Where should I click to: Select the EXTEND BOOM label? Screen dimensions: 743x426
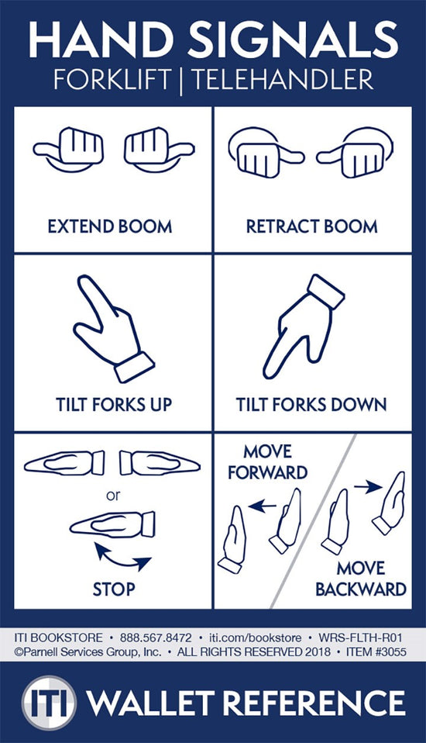point(110,226)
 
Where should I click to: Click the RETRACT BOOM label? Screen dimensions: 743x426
point(312,226)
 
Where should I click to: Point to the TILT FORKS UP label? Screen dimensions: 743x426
point(114,405)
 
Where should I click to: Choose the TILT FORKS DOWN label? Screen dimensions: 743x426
point(311,405)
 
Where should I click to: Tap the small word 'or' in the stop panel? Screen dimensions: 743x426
point(113,495)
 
